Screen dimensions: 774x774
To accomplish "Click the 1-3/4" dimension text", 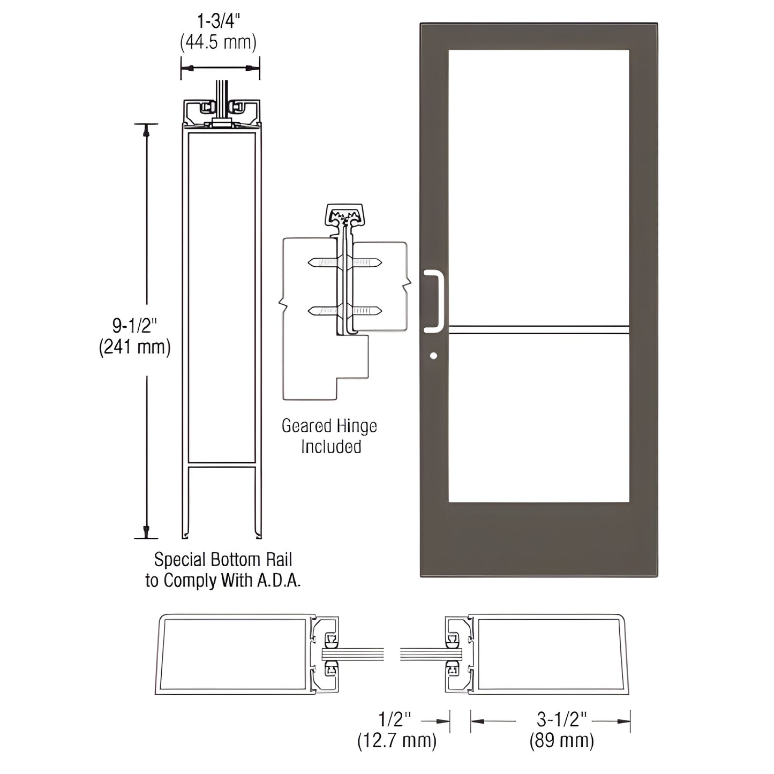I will click(219, 21).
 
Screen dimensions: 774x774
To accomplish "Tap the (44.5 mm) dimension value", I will click(219, 42).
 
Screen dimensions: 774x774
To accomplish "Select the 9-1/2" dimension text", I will click(134, 325).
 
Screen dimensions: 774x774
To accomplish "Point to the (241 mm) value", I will click(134, 347).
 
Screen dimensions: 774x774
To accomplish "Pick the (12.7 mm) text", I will click(397, 741).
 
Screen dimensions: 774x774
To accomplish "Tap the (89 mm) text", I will click(562, 741).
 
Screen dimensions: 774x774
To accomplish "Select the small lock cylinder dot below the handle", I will click(433, 356).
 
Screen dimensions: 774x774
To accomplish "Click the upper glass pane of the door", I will click(538, 187).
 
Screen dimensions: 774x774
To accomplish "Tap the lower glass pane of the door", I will click(538, 418).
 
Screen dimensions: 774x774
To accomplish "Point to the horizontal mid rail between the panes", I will click(538, 330).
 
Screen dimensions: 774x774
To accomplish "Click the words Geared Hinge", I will click(329, 426).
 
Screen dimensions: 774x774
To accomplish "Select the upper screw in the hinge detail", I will click(345, 262).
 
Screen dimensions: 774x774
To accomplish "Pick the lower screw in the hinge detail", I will click(345, 310).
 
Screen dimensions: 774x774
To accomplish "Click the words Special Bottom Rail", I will click(223, 560).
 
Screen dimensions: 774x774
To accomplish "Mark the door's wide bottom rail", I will click(538, 538).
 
